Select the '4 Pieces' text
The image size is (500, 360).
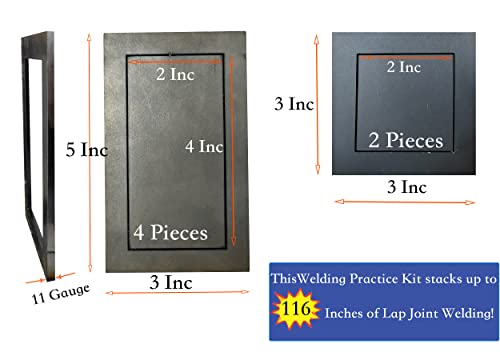pos(171,233)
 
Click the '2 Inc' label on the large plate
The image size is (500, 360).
pos(176,73)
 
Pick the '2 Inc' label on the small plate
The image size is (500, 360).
pos(403,68)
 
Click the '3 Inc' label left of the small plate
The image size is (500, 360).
pos(294,103)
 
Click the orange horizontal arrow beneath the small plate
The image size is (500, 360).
pos(405,202)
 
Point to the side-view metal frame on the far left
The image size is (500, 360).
pos(33,150)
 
